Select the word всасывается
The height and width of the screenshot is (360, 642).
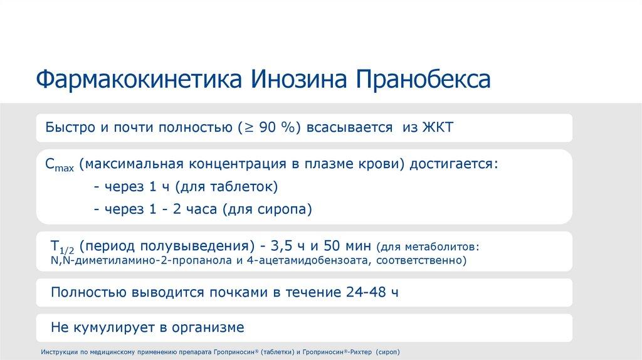pos(346,127)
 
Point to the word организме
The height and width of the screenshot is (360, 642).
pos(210,327)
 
